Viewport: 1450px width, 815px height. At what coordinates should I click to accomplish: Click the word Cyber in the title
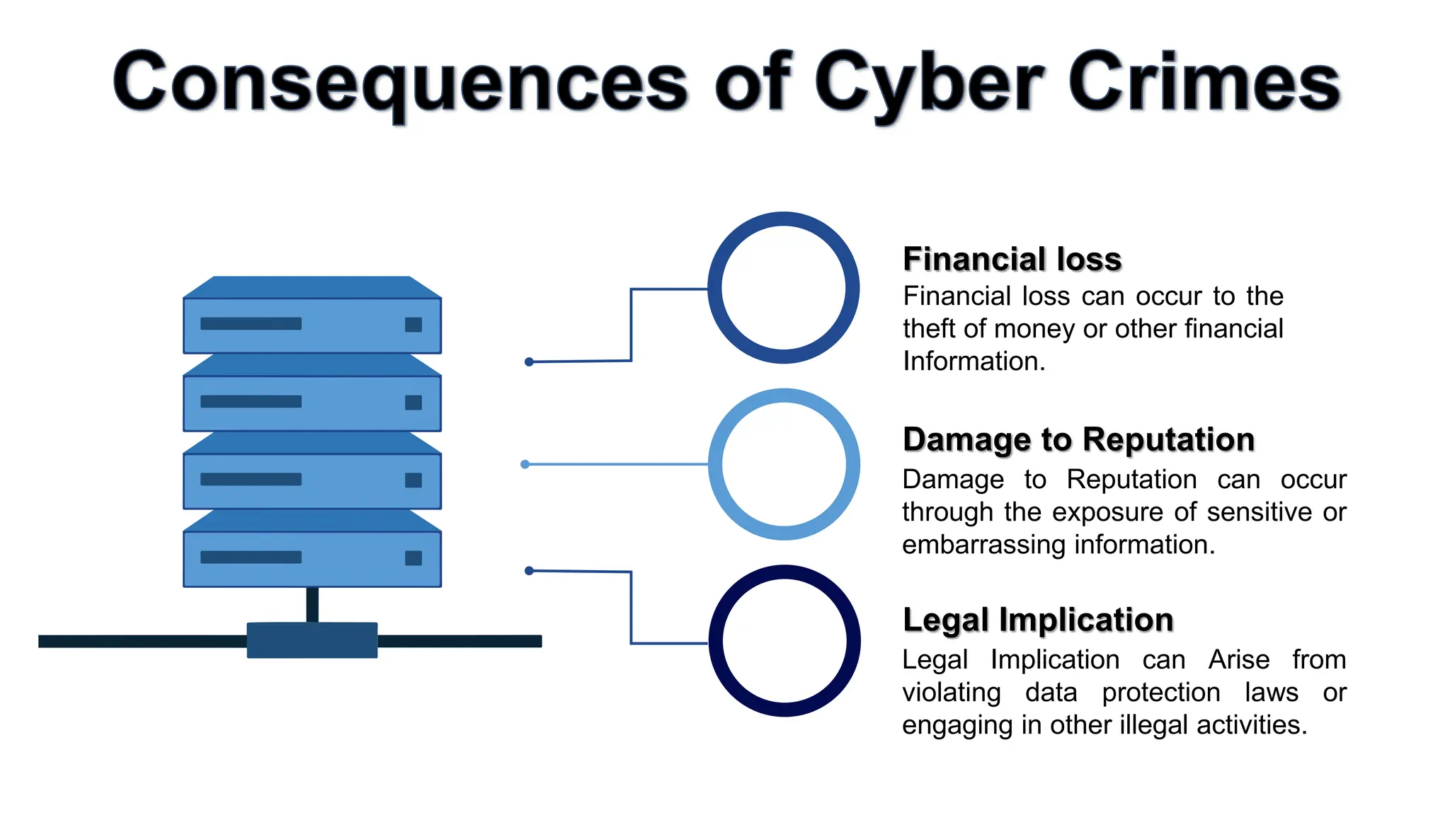pos(928,83)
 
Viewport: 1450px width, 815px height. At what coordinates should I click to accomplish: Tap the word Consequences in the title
pos(400,83)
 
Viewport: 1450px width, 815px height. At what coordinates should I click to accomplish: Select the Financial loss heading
pos(1012,259)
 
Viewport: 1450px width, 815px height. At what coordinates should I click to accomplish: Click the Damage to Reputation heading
pos(1078,439)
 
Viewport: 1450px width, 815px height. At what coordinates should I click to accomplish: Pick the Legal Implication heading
pos(1038,620)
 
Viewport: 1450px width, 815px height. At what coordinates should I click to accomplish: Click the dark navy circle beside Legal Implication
pos(784,640)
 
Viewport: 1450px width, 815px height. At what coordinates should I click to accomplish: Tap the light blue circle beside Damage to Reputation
pos(784,464)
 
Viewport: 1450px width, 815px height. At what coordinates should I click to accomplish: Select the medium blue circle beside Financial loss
pos(784,288)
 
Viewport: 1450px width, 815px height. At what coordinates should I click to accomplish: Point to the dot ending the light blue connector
pos(525,464)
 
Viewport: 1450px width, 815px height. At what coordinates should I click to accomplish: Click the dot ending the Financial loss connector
pos(529,362)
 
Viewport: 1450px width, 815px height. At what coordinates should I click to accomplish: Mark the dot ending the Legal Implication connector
pos(529,570)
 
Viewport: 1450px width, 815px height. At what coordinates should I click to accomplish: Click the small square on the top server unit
pos(413,325)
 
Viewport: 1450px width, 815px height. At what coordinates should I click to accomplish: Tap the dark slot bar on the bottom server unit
pos(251,557)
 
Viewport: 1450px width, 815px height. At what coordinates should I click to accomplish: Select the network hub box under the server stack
pos(312,640)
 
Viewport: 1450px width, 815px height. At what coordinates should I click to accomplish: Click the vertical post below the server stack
pos(312,605)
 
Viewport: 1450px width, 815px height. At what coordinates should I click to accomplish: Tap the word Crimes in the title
pos(1203,83)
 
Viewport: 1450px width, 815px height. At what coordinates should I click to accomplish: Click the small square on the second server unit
pos(413,403)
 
